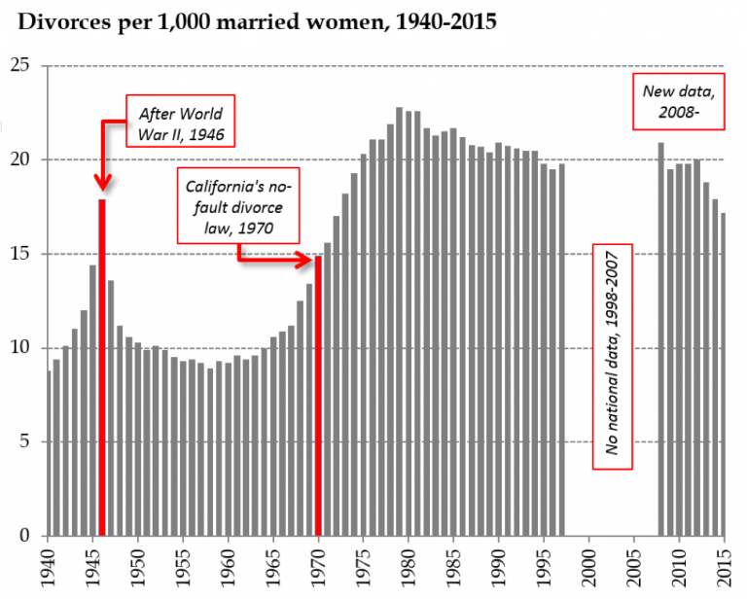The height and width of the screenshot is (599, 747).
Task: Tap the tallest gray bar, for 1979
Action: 399,322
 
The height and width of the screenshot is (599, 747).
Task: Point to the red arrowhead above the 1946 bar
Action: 101,182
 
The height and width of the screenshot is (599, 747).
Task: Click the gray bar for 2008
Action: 660,339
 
